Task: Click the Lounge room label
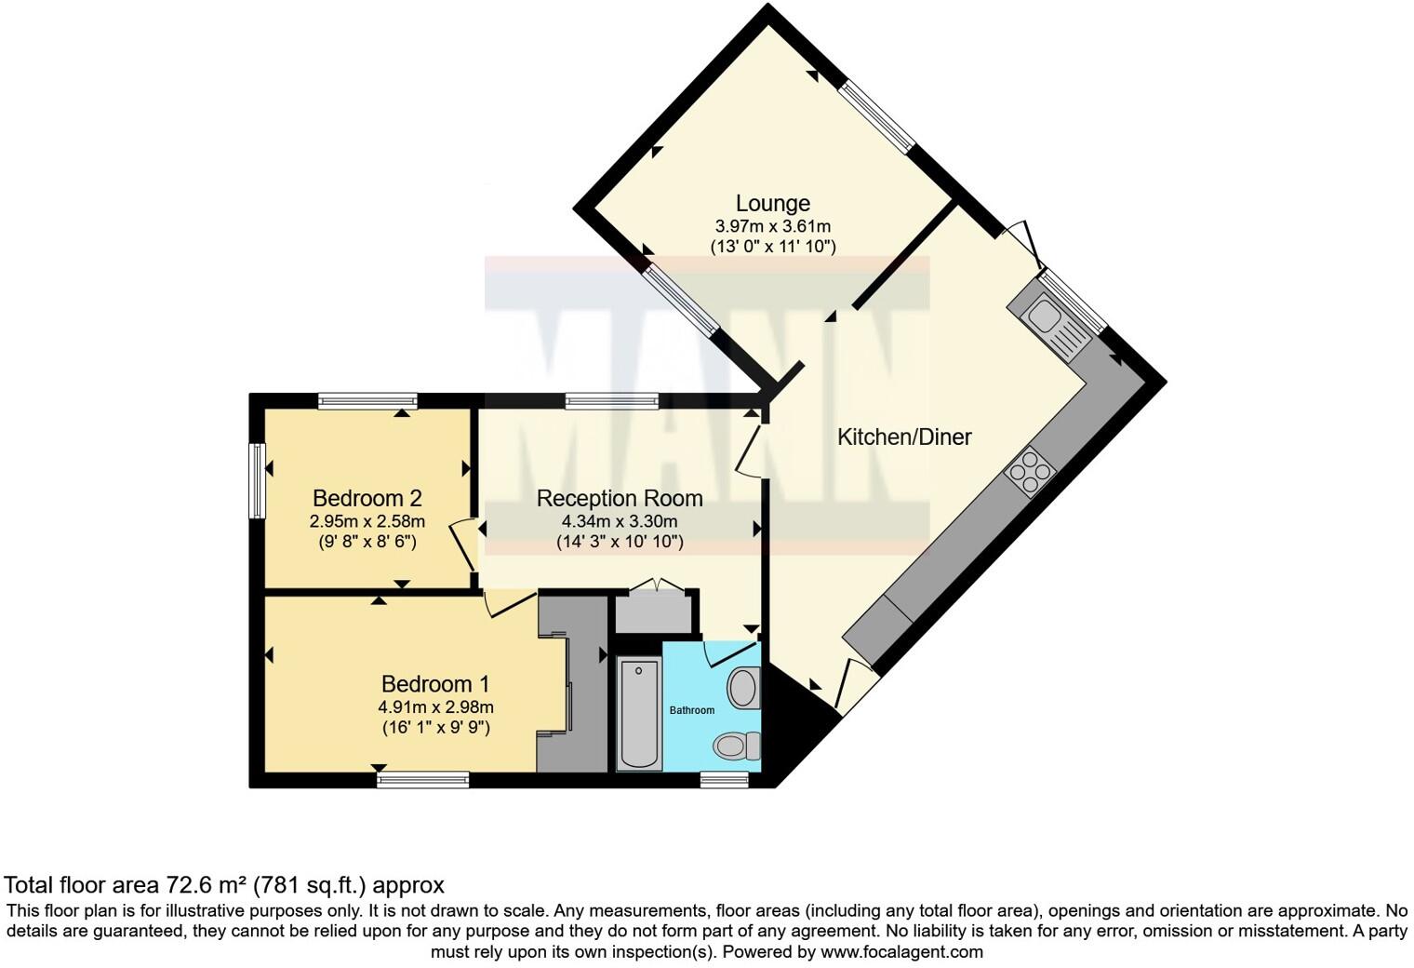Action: point(772,203)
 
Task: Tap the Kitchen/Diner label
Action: point(904,437)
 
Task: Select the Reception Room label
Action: point(620,499)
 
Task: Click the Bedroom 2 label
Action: point(367,499)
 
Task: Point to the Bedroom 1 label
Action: point(435,685)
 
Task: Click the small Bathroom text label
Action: point(692,710)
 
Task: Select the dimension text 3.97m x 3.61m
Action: point(772,226)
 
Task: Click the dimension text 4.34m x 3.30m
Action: point(620,521)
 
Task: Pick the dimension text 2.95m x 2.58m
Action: point(367,521)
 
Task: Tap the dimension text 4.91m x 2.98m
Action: point(435,707)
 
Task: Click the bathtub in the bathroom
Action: point(639,713)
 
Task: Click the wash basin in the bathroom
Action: point(744,689)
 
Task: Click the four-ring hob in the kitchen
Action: point(1031,472)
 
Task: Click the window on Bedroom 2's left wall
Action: point(256,480)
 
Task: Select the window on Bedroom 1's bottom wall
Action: point(423,780)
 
